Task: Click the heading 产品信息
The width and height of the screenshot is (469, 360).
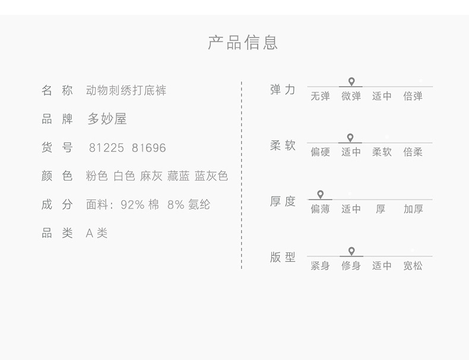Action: pyautogui.click(x=243, y=42)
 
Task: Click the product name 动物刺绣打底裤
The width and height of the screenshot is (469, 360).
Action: pyautogui.click(x=126, y=90)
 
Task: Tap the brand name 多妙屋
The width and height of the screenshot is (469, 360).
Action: pyautogui.click(x=107, y=119)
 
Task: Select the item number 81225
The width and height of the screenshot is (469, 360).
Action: pyautogui.click(x=106, y=148)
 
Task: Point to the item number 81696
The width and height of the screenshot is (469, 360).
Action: pyautogui.click(x=148, y=148)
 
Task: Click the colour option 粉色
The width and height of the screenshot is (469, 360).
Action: pyautogui.click(x=97, y=176)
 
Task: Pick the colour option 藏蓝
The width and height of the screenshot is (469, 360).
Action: pyautogui.click(x=178, y=176)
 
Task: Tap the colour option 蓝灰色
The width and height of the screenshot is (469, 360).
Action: pyautogui.click(x=211, y=176)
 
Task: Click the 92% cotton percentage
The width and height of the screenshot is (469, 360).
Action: pyautogui.click(x=132, y=205)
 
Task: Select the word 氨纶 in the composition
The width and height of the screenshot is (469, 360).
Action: pyautogui.click(x=199, y=205)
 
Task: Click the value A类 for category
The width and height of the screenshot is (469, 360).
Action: pyautogui.click(x=96, y=233)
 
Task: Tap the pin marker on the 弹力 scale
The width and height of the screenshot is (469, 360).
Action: pyautogui.click(x=351, y=82)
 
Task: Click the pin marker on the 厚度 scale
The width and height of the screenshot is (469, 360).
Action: pyautogui.click(x=321, y=194)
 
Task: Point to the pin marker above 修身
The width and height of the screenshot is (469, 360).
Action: pyautogui.click(x=351, y=251)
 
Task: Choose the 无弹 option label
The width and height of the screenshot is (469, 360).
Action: pyautogui.click(x=320, y=96)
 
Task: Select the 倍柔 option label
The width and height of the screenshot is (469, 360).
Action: pyautogui.click(x=413, y=152)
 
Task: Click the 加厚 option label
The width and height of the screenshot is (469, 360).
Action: pyautogui.click(x=413, y=209)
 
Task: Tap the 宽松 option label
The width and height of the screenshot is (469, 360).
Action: pyautogui.click(x=413, y=266)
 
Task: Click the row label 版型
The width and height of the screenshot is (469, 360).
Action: pyautogui.click(x=283, y=257)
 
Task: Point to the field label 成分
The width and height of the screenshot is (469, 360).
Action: pyautogui.click(x=57, y=205)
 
